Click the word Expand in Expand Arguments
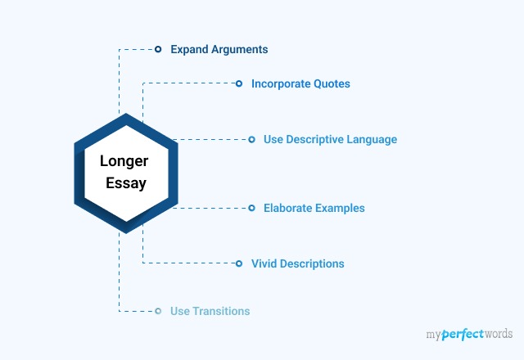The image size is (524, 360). pyautogui.click(x=189, y=50)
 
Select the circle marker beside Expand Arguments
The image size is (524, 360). pyautogui.click(x=158, y=49)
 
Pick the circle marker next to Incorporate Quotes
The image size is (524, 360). pyautogui.click(x=239, y=83)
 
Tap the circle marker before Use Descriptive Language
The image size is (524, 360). pyautogui.click(x=251, y=140)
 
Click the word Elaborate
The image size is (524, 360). pyautogui.click(x=287, y=208)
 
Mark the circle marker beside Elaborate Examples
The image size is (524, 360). pyautogui.click(x=251, y=208)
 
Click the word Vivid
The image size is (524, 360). pyautogui.click(x=264, y=263)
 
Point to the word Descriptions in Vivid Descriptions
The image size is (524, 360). pyautogui.click(x=312, y=263)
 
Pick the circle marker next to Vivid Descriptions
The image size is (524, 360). pyautogui.click(x=239, y=263)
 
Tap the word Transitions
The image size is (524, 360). pyautogui.click(x=221, y=311)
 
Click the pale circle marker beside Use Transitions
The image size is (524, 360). pyautogui.click(x=158, y=311)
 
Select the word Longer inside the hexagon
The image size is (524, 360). pyautogui.click(x=124, y=162)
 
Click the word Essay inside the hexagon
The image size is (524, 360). pyautogui.click(x=126, y=183)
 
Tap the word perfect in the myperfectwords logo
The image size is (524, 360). pyautogui.click(x=463, y=335)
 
